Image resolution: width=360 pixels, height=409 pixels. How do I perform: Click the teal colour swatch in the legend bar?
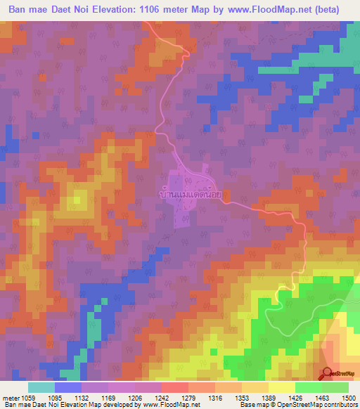coord(41,387)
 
